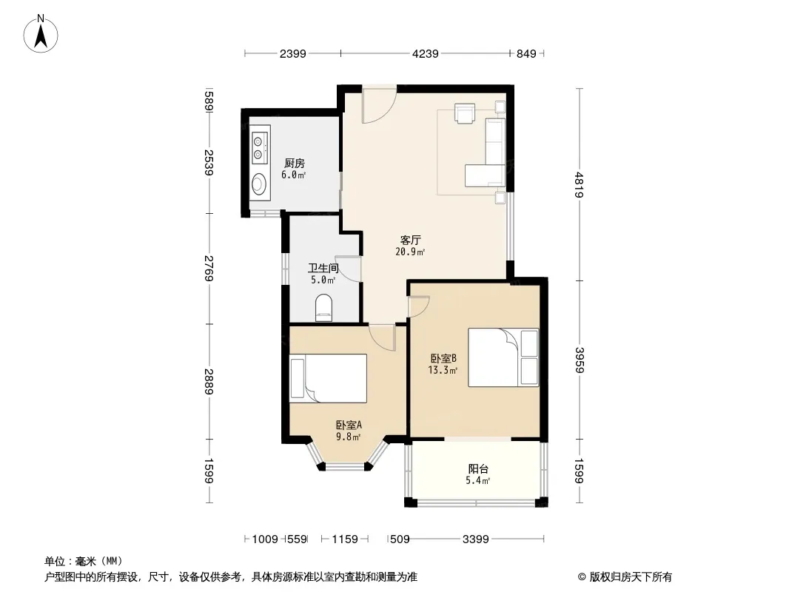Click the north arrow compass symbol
pos(41,34)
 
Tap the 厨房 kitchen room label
pos(295,164)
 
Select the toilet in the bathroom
pos(323,308)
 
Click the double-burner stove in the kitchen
pos(260,145)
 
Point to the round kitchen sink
pos(260,184)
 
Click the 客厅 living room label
pos(410,240)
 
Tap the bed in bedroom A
pos(328,378)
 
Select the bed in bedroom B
pos(503,357)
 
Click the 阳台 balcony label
pos(478,468)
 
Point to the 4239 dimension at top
pos(425,53)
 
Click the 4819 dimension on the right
pos(580,184)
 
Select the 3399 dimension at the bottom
pos(475,539)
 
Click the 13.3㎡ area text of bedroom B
pos(443,371)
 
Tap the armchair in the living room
pos(464,112)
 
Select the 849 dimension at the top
pos(526,53)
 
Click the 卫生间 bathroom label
pos(323,268)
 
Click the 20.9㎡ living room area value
pos(410,252)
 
